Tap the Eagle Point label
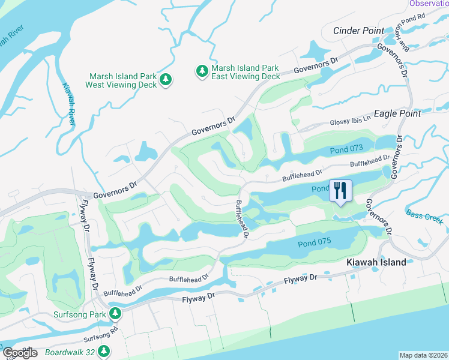click(x=397, y=113)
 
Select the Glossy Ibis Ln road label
click(x=351, y=122)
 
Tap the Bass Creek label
click(x=424, y=217)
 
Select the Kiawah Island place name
click(x=376, y=262)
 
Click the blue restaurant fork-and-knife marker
click(x=340, y=191)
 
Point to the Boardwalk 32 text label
click(x=70, y=352)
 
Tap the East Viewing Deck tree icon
click(x=202, y=71)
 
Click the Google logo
click(x=20, y=353)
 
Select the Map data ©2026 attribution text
click(x=423, y=355)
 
